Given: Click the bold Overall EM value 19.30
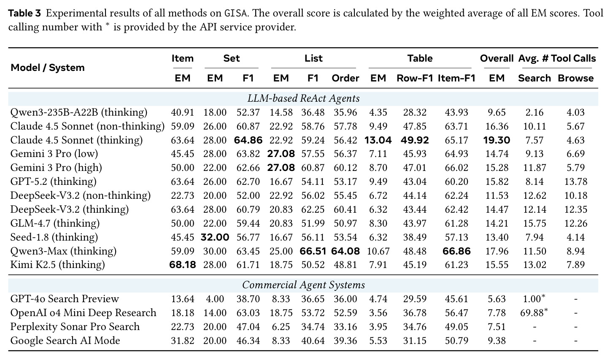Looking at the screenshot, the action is (x=497, y=140).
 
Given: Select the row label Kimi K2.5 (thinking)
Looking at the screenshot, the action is (x=57, y=265).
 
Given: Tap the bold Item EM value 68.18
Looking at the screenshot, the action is (x=183, y=265).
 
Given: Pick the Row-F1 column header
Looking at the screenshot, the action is (x=415, y=78).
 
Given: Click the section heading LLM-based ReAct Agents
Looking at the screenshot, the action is (x=303, y=98).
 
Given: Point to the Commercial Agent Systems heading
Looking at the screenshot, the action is (x=303, y=285).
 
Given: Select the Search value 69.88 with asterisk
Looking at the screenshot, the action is (x=534, y=313).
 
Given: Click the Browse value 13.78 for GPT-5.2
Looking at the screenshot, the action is (x=575, y=181).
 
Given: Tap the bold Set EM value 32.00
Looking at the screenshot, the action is (x=215, y=237).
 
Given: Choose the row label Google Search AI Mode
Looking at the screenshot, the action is (x=65, y=341).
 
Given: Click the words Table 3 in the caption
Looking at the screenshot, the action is (x=24, y=13).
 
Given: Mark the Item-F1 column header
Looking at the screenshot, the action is (x=456, y=78).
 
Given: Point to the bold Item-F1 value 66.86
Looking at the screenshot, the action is (x=456, y=251).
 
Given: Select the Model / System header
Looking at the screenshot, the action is (x=48, y=68).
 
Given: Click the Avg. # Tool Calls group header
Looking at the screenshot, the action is (x=557, y=58).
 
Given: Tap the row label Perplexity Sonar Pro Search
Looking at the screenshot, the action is (x=75, y=327).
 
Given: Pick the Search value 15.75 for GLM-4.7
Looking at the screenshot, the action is (x=534, y=223).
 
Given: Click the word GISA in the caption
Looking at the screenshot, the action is (x=236, y=13).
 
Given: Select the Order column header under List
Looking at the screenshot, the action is (x=345, y=78).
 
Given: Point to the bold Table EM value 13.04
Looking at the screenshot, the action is (x=378, y=140).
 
